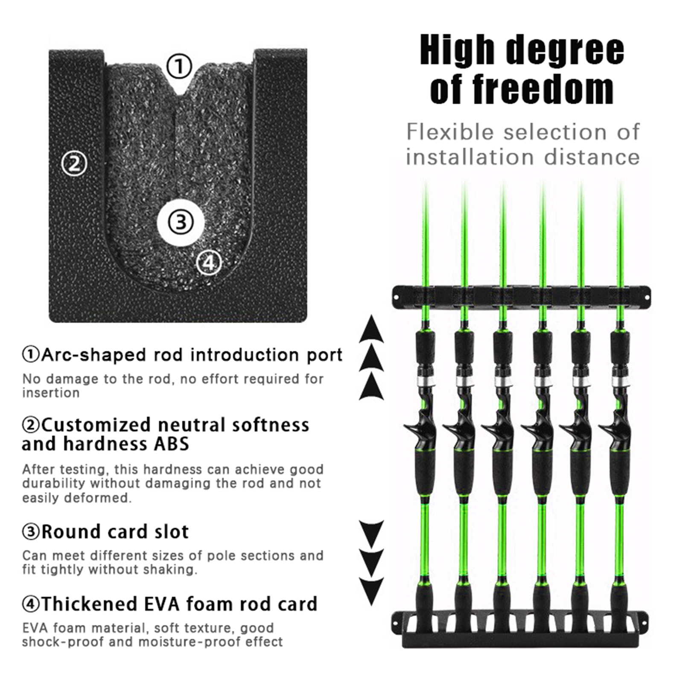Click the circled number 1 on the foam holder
tap(179, 67)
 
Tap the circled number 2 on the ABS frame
tap(75, 164)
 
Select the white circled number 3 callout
tap(181, 222)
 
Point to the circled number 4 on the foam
tap(209, 263)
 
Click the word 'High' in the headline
tap(459, 50)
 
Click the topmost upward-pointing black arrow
tap(371, 330)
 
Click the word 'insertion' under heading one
tap(51, 393)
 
